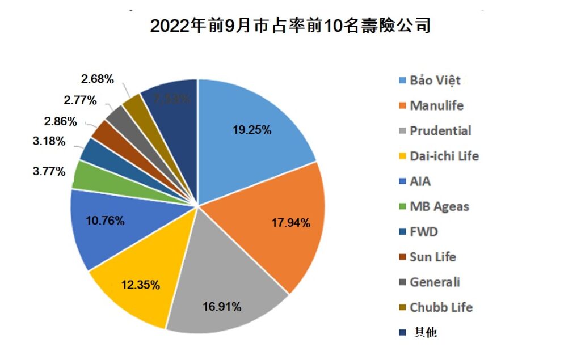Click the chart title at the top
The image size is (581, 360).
tap(290, 26)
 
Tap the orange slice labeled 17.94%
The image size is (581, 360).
tap(278, 227)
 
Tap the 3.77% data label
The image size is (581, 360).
tap(49, 171)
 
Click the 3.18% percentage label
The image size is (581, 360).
tap(49, 141)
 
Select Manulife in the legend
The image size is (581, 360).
tap(436, 105)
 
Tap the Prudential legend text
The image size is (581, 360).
tap(440, 130)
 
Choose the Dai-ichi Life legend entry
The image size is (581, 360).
tap(444, 156)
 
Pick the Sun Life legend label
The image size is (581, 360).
tap(433, 257)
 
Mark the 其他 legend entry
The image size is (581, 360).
tap(425, 333)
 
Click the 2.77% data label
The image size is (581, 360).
tap(80, 100)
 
